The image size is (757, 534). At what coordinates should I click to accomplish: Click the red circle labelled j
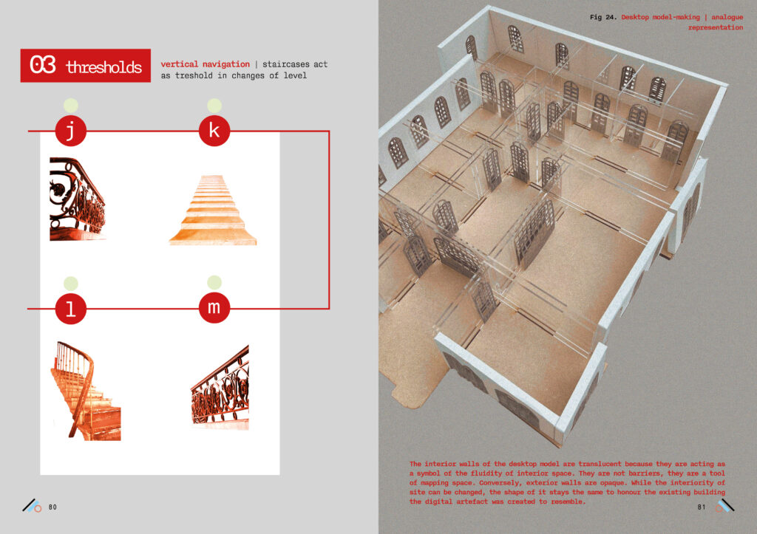pos(70,131)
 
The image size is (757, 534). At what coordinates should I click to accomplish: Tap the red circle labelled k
pos(214,130)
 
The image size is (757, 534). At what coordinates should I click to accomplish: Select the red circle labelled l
pos(70,308)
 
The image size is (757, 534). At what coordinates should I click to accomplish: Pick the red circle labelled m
pos(214,307)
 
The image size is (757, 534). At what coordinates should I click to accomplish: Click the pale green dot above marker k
pos(214,106)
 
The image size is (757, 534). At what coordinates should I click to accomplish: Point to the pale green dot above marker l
pos(71,284)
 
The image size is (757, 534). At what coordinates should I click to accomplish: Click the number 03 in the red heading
pos(42,65)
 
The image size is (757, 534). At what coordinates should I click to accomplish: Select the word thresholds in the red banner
pos(103,66)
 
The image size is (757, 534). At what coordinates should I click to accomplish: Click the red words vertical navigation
pos(206,64)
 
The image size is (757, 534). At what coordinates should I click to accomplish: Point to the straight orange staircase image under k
pos(213,210)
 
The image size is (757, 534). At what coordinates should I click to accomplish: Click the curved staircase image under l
pos(86,391)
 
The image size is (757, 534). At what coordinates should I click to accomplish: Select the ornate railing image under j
pos(77,199)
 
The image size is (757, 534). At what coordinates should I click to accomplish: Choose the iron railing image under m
pos(220,387)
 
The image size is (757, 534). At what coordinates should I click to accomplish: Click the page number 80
pos(52,507)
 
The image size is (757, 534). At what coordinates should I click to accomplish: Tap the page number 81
pos(702,507)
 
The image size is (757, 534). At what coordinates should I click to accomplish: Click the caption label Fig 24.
pos(603,18)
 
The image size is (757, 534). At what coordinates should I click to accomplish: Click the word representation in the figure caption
pos(716,27)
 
